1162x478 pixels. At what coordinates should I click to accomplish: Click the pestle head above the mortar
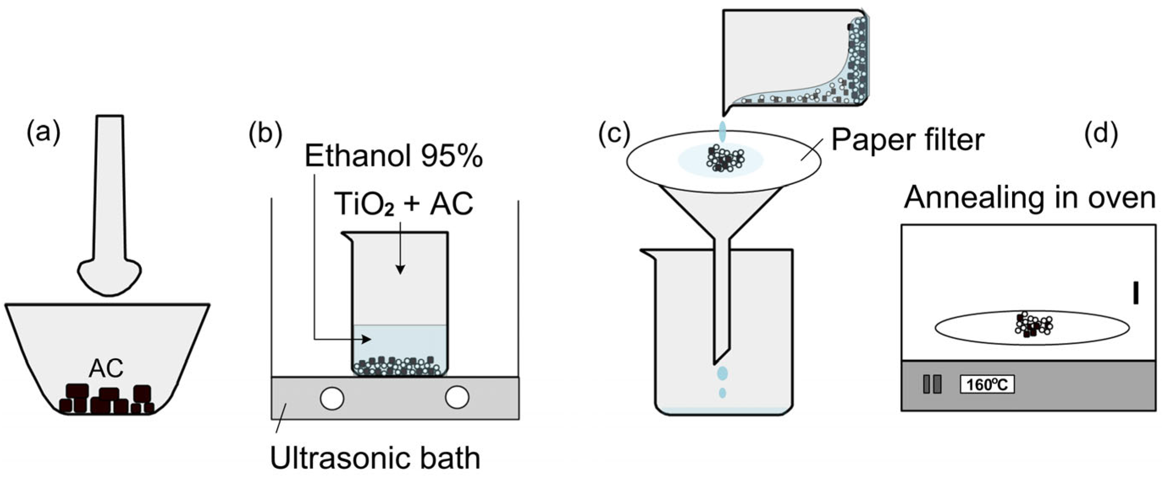pos(110,276)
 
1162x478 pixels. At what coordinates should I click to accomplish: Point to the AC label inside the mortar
pos(106,368)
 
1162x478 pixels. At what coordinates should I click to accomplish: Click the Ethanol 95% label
pos(394,156)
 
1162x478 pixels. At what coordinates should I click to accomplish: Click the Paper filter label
pos(908,140)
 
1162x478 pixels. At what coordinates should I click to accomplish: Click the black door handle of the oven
pos(1135,293)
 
